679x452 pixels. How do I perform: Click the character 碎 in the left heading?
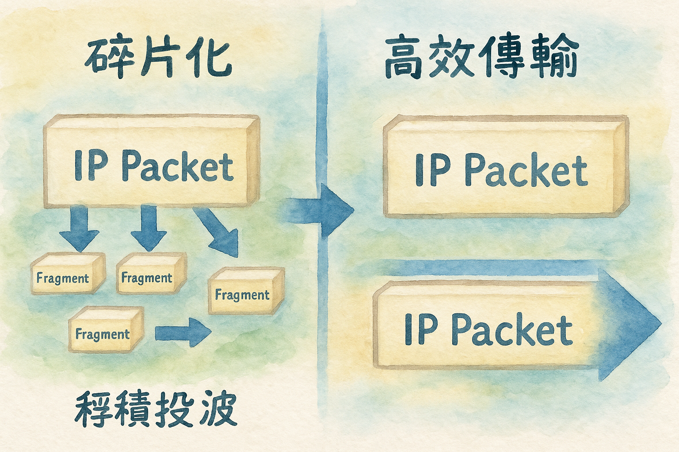click(x=103, y=59)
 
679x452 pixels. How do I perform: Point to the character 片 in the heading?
click(x=158, y=59)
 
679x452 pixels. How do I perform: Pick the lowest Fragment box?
click(x=105, y=330)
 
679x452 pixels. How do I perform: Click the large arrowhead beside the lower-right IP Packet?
click(x=630, y=324)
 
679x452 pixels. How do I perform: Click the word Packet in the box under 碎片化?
click(x=177, y=167)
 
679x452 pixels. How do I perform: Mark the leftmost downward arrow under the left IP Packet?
click(x=80, y=230)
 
